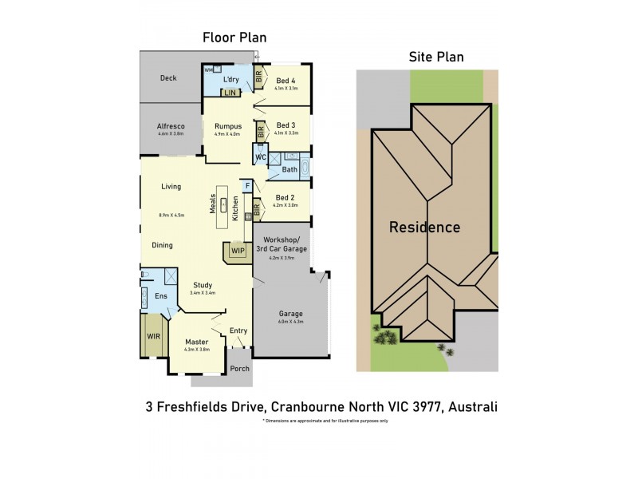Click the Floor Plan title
tap(234, 38)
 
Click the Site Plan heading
tap(435, 57)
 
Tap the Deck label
tap(167, 78)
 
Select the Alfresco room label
tap(170, 126)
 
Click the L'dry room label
tap(231, 79)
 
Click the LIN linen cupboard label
tap(230, 93)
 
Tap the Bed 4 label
tap(286, 80)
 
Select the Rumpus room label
tap(227, 126)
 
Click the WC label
tap(260, 157)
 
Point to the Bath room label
tap(289, 169)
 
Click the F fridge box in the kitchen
tap(248, 186)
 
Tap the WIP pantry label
tap(237, 251)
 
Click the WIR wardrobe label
tap(152, 336)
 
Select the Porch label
tap(238, 368)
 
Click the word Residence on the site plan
tap(424, 227)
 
